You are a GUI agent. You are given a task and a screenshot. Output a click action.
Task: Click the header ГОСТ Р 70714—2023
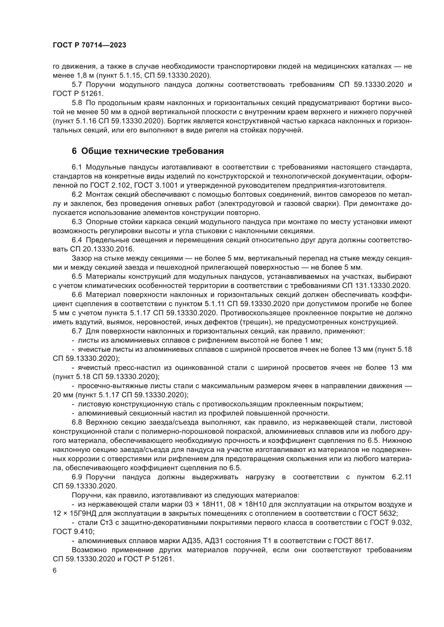(89, 45)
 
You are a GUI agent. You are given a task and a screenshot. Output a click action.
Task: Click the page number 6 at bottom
(55, 570)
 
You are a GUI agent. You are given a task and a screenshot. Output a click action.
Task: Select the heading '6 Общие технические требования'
(148, 151)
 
